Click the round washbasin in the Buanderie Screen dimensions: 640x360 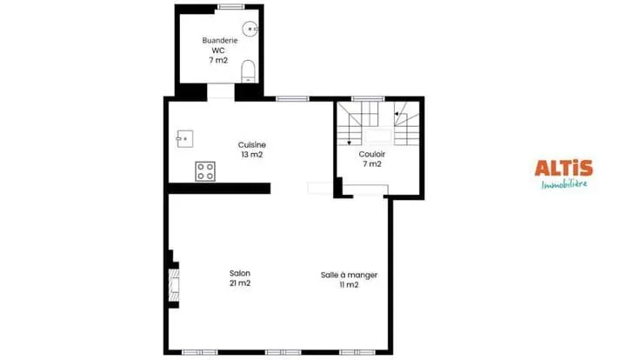coord(250,29)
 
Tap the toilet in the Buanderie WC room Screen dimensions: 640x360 coord(248,72)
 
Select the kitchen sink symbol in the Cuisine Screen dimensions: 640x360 coord(185,139)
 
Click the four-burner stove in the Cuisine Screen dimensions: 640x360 coord(205,171)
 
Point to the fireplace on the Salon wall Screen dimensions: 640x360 coord(174,283)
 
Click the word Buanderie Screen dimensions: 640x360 coord(220,40)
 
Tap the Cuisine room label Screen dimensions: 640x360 coord(252,145)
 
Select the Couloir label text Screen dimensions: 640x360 coord(372,154)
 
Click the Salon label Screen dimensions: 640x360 coord(240,273)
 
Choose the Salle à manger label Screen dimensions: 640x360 coord(349,275)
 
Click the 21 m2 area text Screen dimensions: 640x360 coord(240,283)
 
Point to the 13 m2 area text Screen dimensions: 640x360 coord(252,155)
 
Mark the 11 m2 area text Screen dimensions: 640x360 coord(349,285)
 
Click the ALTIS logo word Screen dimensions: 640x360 coord(563,168)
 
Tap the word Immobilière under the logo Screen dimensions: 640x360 coord(564,184)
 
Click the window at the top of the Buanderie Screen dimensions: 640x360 coord(230,7)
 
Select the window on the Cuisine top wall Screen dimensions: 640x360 coord(292,98)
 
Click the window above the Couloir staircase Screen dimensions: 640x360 coord(368,98)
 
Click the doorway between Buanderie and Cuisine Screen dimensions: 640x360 coord(220,92)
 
